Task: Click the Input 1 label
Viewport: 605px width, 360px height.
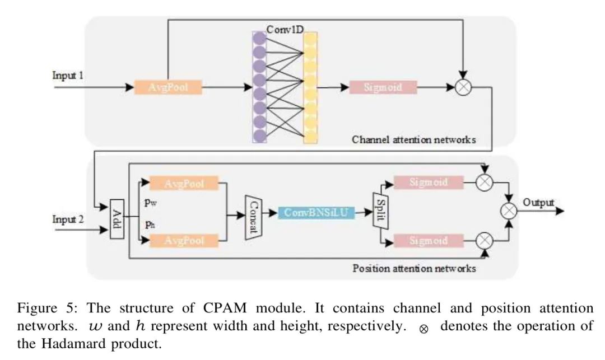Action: pyautogui.click(x=68, y=75)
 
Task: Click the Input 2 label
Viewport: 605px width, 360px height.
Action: pyautogui.click(x=68, y=219)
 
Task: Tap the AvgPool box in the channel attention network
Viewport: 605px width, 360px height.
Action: pyautogui.click(x=167, y=87)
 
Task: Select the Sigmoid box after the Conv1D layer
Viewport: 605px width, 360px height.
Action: pyautogui.click(x=383, y=87)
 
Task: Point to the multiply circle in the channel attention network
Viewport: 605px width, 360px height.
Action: pyautogui.click(x=463, y=88)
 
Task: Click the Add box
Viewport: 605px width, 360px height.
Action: pyautogui.click(x=117, y=219)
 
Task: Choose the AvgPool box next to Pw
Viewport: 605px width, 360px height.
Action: pyautogui.click(x=184, y=183)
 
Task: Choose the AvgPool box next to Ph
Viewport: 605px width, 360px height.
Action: pyautogui.click(x=184, y=241)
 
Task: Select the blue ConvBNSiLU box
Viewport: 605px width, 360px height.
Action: pyautogui.click(x=317, y=213)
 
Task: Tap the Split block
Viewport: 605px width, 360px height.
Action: pyautogui.click(x=380, y=211)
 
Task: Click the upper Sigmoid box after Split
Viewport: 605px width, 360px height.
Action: pyautogui.click(x=429, y=183)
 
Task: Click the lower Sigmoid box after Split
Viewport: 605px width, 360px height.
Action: pyautogui.click(x=429, y=241)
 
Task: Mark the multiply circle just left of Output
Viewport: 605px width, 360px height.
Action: pyautogui.click(x=509, y=211)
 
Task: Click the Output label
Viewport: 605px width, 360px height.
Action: pyautogui.click(x=539, y=203)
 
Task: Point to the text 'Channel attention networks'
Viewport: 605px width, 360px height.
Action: pyautogui.click(x=413, y=139)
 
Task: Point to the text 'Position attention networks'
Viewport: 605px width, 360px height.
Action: pyautogui.click(x=414, y=268)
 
